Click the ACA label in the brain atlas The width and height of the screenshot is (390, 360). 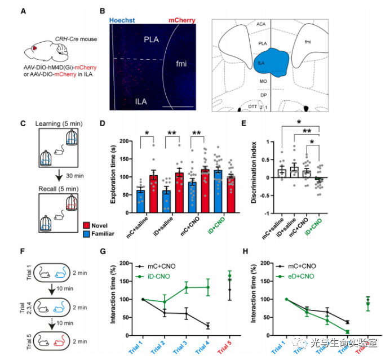261,24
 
